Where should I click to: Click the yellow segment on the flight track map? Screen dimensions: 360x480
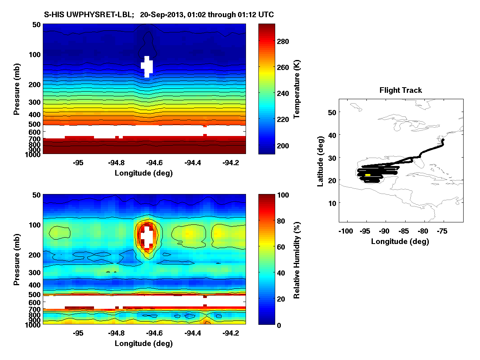pos(368,175)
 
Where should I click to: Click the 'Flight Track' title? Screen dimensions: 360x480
pos(400,90)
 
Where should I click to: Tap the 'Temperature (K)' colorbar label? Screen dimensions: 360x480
pos(297,89)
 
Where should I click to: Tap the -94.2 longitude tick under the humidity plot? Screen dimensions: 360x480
pos(230,333)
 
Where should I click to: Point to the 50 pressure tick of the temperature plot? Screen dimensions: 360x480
pos(36,24)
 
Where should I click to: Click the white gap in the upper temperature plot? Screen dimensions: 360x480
pos(147,66)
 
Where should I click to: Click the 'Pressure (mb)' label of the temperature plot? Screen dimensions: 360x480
pos(16,89)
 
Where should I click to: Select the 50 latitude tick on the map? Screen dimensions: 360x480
pos(332,113)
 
